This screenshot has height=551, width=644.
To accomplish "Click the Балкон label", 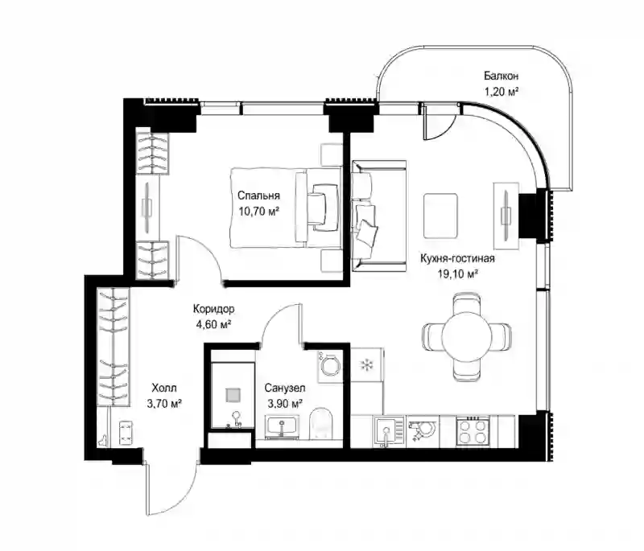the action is [x=501, y=76].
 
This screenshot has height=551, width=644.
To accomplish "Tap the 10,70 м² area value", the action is [x=258, y=212].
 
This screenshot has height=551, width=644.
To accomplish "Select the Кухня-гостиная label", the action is [x=457, y=258].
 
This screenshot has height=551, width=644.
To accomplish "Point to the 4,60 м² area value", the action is [x=213, y=324].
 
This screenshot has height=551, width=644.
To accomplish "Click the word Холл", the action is [x=164, y=388].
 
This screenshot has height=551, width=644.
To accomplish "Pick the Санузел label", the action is [x=285, y=388].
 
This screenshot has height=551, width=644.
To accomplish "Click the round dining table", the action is [x=467, y=336].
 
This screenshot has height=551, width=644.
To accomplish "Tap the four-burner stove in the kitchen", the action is [x=473, y=432].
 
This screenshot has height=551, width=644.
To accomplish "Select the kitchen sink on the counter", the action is [x=387, y=432].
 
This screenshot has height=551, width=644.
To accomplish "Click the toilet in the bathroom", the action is [x=320, y=423].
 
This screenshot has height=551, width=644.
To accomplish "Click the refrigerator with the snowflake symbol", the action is [x=367, y=365].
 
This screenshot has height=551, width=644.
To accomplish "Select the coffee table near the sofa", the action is [x=440, y=216].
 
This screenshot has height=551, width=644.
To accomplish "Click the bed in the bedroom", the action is [x=287, y=208].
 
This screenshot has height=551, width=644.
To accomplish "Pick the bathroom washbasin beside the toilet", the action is [x=282, y=426].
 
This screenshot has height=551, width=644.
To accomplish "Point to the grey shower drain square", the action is [x=232, y=395].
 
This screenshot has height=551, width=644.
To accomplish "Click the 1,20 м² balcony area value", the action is [x=501, y=92].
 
